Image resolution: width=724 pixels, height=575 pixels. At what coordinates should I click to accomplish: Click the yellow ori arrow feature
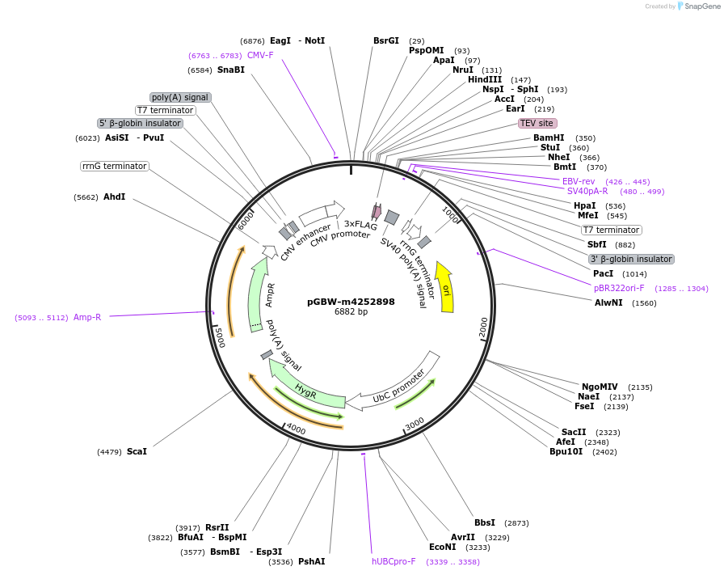(445, 287)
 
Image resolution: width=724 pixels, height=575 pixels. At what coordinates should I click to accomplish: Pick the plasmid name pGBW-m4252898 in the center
(351, 302)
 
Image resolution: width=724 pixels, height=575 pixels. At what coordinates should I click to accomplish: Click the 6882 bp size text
(351, 312)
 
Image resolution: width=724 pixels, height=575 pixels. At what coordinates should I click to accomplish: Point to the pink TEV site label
(537, 124)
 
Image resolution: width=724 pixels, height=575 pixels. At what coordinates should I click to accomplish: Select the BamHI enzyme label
(549, 138)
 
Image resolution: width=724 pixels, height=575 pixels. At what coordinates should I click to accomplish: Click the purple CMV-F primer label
(260, 55)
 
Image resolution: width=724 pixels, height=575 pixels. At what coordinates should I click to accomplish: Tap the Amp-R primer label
(87, 317)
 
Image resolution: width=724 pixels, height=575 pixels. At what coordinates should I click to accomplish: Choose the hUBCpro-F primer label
(394, 561)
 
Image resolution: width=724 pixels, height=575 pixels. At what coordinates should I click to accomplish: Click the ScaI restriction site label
(137, 451)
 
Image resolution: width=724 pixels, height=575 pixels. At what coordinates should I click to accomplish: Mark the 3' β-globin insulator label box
(631, 260)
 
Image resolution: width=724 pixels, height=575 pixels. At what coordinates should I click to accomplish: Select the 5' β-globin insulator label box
(140, 124)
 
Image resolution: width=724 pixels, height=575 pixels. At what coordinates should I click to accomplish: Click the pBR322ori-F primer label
(619, 288)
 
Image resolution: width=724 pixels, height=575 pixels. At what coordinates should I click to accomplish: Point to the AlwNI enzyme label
(608, 303)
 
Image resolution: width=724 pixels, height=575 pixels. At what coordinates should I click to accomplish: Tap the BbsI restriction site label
(485, 523)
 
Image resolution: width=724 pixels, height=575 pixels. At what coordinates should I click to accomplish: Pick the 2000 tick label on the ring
(483, 327)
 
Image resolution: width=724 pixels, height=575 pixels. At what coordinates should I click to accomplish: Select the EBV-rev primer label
(579, 181)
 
